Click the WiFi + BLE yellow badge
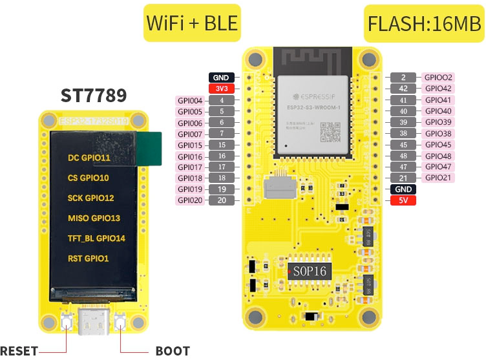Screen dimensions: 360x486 [192, 23]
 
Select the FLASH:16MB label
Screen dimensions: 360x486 [424, 23]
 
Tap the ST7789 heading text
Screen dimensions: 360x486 [94, 96]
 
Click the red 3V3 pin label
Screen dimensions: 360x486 [221, 89]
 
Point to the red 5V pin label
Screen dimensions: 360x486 [403, 200]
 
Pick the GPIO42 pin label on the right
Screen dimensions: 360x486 [438, 89]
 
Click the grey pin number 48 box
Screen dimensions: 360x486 [403, 156]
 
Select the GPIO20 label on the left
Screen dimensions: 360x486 [191, 200]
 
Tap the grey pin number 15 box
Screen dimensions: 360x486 [221, 145]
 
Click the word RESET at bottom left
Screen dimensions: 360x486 [19, 351]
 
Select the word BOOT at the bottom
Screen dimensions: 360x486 [173, 351]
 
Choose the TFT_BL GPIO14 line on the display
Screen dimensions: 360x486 [96, 238]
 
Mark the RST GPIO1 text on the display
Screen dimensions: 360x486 [88, 259]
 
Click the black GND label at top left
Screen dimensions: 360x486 [221, 78]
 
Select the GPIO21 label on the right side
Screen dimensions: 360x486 [438, 178]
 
